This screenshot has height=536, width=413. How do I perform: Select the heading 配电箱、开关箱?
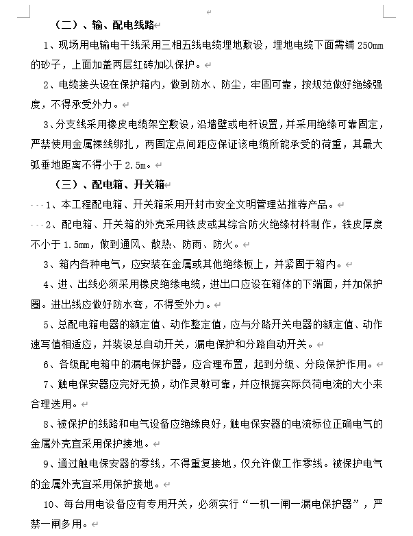tap(126, 185)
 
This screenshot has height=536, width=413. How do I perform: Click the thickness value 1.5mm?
tap(77, 244)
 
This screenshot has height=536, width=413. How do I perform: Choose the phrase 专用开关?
tap(158, 505)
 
